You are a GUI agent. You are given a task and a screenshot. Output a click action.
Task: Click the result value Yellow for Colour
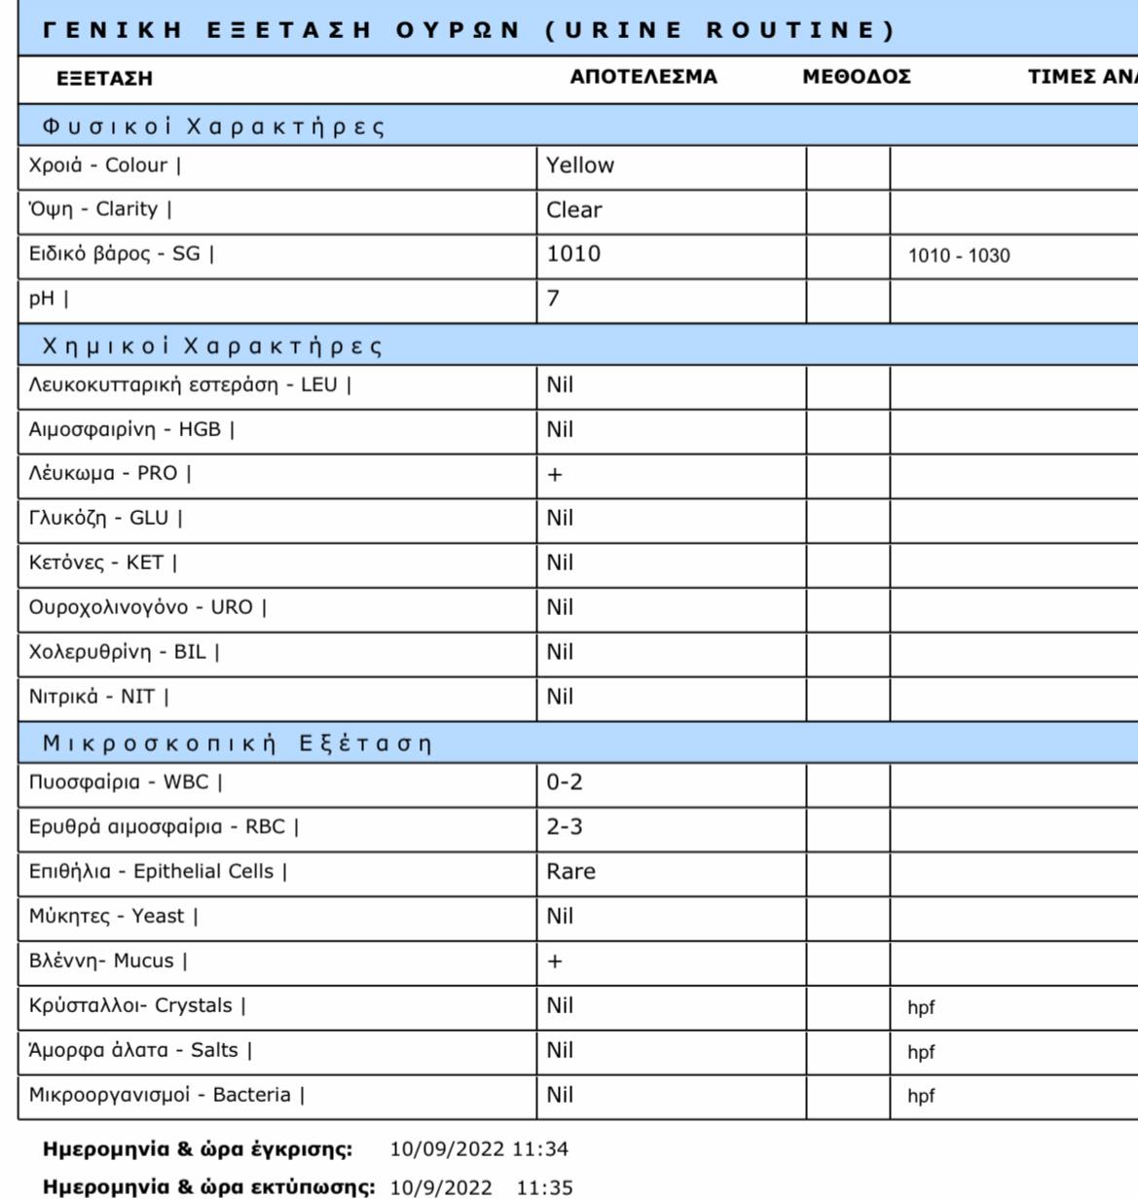coord(579,165)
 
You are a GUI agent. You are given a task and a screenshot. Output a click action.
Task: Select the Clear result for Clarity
coord(573,210)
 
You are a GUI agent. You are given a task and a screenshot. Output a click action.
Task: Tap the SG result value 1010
coord(572,254)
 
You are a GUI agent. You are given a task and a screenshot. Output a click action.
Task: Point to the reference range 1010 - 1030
coord(958,256)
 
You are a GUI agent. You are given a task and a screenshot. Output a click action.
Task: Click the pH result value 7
coord(553,299)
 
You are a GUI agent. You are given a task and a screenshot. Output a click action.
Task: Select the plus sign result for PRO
coord(555,475)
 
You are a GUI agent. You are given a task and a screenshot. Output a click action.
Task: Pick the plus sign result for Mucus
coord(555,962)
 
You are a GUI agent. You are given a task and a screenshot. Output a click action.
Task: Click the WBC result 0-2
coord(565,782)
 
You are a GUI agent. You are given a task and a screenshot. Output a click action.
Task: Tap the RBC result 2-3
coord(565,827)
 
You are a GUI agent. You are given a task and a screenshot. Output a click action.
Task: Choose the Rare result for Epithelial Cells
coord(570,872)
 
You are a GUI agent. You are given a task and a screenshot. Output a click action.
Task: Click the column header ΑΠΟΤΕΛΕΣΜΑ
coord(642,77)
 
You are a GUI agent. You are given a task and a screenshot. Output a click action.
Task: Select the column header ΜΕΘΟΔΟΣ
coord(857,77)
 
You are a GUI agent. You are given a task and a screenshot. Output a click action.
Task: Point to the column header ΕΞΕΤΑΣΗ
coord(104,79)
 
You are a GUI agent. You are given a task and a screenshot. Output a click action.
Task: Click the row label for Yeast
coord(113,916)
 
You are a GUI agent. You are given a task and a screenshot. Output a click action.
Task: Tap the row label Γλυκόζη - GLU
coord(105,518)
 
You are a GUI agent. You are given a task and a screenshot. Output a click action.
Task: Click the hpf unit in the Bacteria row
coord(921,1096)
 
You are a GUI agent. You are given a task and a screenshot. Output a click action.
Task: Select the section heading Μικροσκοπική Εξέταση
coord(237,745)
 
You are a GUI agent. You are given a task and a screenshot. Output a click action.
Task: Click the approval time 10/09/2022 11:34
coord(479,1149)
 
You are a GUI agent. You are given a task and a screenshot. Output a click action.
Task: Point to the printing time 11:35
coord(544,1188)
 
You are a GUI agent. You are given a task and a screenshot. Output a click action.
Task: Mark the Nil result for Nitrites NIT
coord(560,697)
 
